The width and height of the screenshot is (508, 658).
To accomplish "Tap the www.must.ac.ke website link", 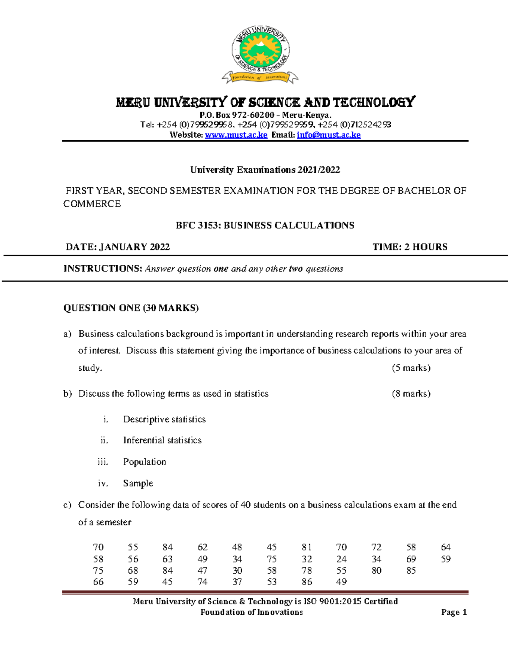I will (x=236, y=135).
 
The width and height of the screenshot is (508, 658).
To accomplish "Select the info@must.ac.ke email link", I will (x=329, y=135).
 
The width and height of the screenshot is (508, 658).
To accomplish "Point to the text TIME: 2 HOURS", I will (x=410, y=247).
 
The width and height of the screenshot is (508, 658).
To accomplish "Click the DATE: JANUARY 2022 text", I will (x=118, y=247).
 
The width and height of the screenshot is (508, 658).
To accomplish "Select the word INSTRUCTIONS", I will (x=102, y=269).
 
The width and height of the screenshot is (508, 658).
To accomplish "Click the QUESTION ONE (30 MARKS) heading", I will (x=131, y=308).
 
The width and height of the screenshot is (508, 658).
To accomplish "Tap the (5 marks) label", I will (x=411, y=368).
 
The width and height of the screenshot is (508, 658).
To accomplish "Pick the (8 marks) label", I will (x=411, y=394).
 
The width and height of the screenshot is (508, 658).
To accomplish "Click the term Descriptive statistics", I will (x=164, y=419).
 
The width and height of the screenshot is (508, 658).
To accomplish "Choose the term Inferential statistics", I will (x=162, y=441).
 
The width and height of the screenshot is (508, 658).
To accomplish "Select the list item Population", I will (x=144, y=462).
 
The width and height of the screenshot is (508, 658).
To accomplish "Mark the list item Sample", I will (x=138, y=483).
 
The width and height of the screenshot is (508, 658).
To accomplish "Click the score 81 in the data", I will (x=306, y=547).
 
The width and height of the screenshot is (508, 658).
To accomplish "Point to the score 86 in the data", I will (x=306, y=582).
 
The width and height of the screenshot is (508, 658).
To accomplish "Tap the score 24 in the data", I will (x=341, y=559).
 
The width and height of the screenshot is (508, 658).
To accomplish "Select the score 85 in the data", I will (x=411, y=571).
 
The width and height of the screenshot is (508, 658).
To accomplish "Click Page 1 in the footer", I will (x=454, y=612).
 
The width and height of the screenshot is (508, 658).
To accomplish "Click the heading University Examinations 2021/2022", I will (x=265, y=170).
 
